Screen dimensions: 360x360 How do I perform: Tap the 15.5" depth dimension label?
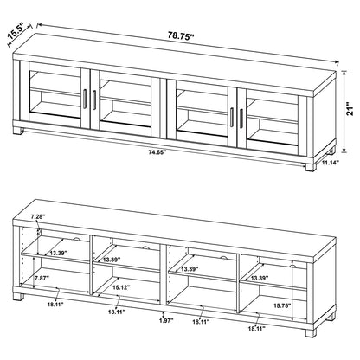point(16,34)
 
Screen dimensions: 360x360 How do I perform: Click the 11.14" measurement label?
point(329,162)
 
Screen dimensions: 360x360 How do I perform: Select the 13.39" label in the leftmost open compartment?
point(59,253)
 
